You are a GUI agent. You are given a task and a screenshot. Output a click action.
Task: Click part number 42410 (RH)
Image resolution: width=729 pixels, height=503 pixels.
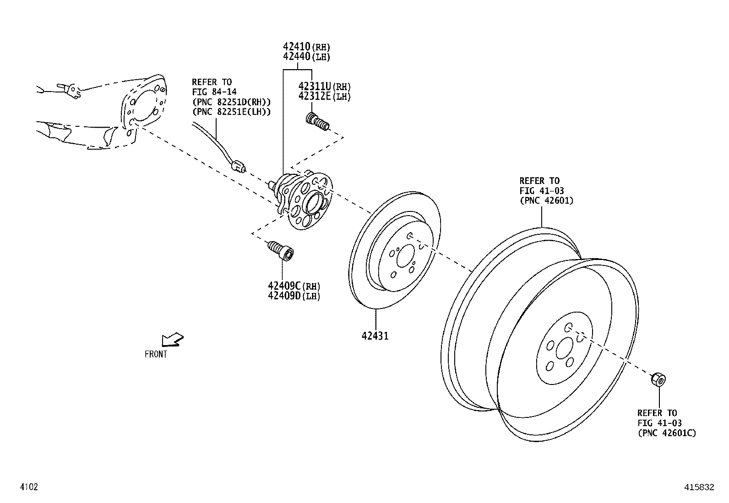(x=306, y=47)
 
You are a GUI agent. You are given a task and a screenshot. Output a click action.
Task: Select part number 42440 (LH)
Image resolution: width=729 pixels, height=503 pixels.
(x=306, y=57)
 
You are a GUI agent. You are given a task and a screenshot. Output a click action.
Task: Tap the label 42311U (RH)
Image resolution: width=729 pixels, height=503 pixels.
(x=325, y=87)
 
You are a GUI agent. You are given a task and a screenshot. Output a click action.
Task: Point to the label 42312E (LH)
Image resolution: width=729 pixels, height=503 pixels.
(x=325, y=96)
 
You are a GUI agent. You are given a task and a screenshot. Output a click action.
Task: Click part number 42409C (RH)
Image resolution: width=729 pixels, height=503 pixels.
(x=294, y=286)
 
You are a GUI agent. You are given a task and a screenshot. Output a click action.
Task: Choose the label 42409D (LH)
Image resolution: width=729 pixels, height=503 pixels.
(x=294, y=296)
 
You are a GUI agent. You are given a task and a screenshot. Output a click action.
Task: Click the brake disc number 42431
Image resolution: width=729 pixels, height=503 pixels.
(x=375, y=336)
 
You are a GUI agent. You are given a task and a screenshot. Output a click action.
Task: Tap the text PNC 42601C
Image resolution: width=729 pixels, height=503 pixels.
(x=667, y=433)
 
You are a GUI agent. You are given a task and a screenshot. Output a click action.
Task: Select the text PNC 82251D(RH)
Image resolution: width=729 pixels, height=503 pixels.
(x=231, y=102)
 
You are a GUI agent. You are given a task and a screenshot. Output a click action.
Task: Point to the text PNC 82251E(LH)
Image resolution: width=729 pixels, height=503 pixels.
(x=231, y=112)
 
